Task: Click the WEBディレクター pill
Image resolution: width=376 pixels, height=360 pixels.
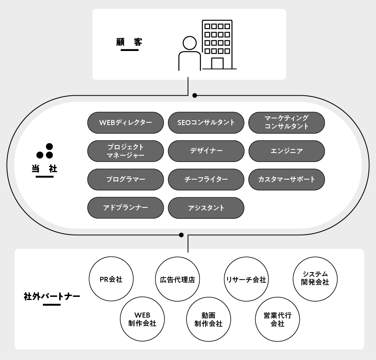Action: pos(125,123)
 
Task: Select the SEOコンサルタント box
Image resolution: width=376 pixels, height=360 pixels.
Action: pos(206,123)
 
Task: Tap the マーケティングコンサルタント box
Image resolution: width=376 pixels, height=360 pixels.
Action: pos(286,123)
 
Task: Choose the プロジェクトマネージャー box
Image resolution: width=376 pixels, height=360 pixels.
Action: pos(125,151)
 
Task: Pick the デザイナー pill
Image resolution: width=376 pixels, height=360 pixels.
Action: pos(206,151)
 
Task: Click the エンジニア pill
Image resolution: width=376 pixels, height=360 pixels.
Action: pos(286,151)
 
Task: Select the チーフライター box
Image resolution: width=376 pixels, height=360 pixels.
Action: pos(206,179)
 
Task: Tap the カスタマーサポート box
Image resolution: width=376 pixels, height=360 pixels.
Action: pos(286,179)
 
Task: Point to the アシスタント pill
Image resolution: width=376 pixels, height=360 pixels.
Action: pos(206,207)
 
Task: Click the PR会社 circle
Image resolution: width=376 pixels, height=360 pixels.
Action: pos(111,280)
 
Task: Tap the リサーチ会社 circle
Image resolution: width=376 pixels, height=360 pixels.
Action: pos(246,280)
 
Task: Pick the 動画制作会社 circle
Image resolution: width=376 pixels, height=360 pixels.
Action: pos(208,320)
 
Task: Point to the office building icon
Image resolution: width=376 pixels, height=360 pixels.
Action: pos(218,45)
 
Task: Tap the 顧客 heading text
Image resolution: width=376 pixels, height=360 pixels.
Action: pos(129,42)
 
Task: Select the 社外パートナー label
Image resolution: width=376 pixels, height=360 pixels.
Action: pos(52,296)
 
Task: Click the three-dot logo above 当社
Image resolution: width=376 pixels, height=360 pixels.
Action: pos(45,151)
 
